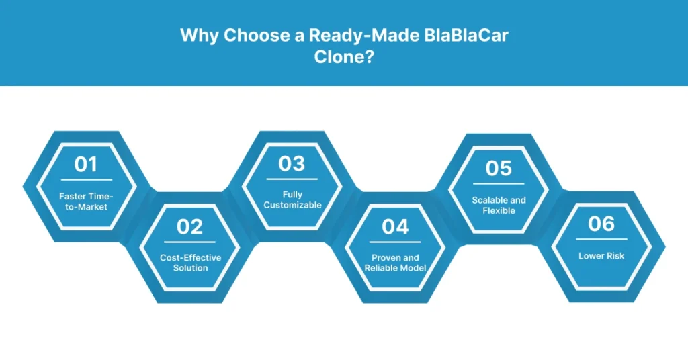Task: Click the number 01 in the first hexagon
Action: pos(85,165)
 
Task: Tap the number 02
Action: pos(189,227)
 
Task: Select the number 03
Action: pos(292,164)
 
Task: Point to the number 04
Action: pos(395,227)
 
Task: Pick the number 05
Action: pos(499,168)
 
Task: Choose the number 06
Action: pos(601,224)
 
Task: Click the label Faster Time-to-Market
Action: pos(86,201)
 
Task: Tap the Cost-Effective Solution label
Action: pos(190,263)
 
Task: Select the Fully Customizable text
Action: pos(292,199)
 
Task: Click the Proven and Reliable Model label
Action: pos(395,263)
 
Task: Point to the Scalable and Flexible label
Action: pos(499,205)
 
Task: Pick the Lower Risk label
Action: pos(601,256)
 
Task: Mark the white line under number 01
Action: pos(87,180)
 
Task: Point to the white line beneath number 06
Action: pos(601,238)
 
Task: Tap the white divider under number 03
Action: pos(292,179)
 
